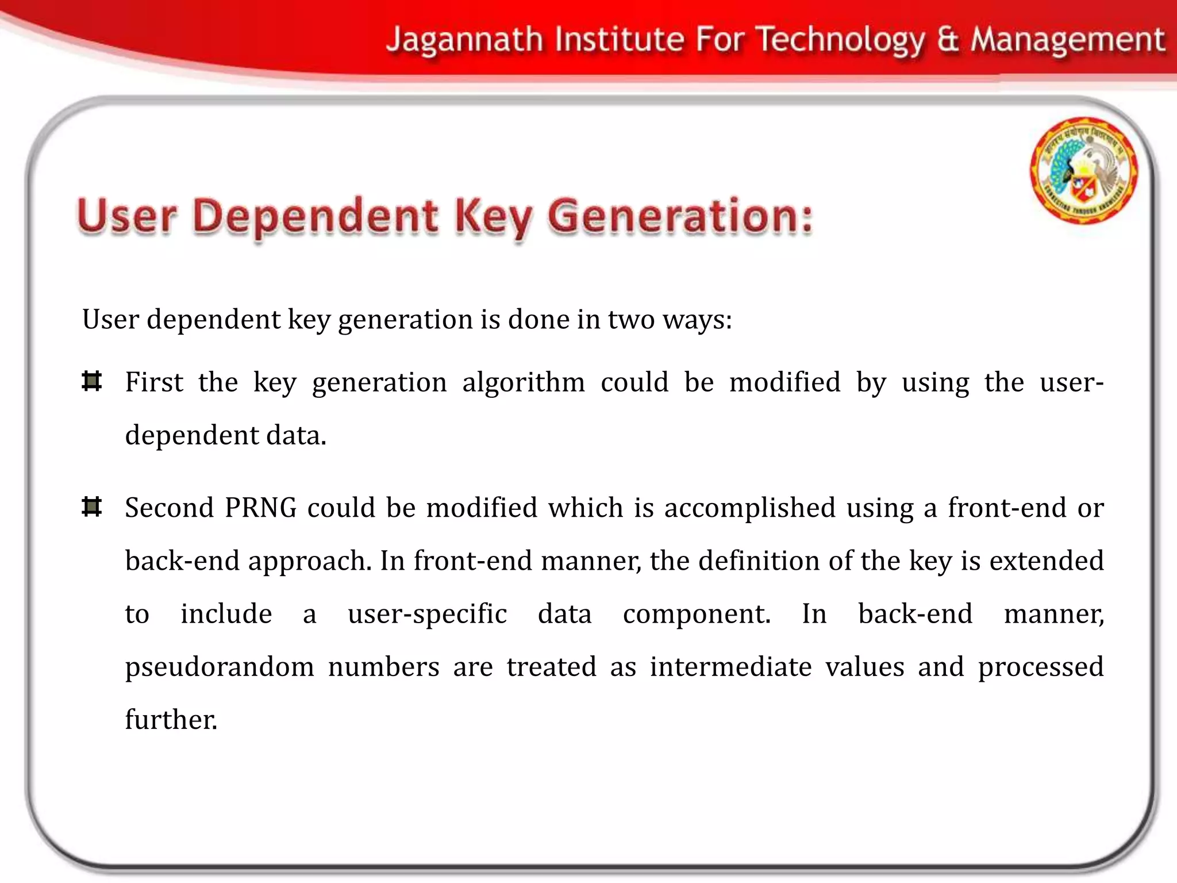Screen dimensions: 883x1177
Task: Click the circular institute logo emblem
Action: pos(1083,170)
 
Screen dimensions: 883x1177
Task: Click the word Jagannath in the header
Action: pos(464,40)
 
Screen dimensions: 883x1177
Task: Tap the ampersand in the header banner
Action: pos(948,40)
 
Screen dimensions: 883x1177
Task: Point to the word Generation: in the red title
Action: pos(680,217)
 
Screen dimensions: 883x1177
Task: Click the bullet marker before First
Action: pos(92,382)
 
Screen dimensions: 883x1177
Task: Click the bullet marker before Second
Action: pos(92,507)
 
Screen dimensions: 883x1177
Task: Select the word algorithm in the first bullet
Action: pos(523,383)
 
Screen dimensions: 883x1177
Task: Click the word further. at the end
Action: pos(171,720)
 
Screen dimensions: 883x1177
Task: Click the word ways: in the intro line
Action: pos(697,320)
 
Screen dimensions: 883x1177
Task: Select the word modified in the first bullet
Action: pos(784,383)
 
